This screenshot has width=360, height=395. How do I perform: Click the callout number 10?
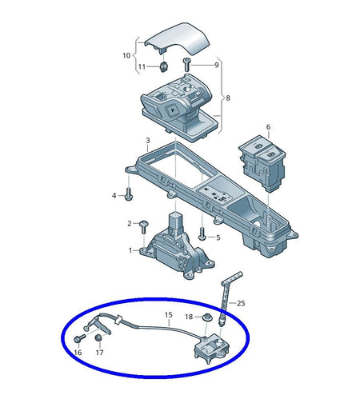pyautogui.click(x=126, y=55)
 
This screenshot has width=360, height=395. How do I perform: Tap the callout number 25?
pyautogui.click(x=241, y=303)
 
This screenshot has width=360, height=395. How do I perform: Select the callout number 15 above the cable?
pyautogui.click(x=169, y=315)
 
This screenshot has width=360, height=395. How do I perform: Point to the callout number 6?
pyautogui.click(x=268, y=127)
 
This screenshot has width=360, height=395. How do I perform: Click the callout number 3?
pyautogui.click(x=148, y=140)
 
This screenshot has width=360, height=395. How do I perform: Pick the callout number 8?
pyautogui.click(x=228, y=98)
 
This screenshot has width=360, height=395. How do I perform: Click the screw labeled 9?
pyautogui.click(x=186, y=65)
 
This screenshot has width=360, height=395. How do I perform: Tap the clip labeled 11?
pyautogui.click(x=163, y=66)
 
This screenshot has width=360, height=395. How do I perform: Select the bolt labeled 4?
pyautogui.click(x=129, y=194)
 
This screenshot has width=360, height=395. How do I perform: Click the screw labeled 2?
pyautogui.click(x=144, y=226)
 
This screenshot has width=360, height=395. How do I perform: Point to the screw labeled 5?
pyautogui.click(x=202, y=234)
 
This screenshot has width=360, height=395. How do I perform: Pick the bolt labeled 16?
pyautogui.click(x=79, y=338)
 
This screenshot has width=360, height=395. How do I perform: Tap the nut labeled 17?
pyautogui.click(x=98, y=337)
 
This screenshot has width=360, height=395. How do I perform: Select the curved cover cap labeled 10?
pyautogui.click(x=178, y=38)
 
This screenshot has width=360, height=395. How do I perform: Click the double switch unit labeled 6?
pyautogui.click(x=262, y=163)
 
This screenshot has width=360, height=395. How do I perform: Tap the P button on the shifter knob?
pyautogui.click(x=171, y=110)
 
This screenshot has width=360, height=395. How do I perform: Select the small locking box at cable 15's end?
pyautogui.click(x=212, y=347)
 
